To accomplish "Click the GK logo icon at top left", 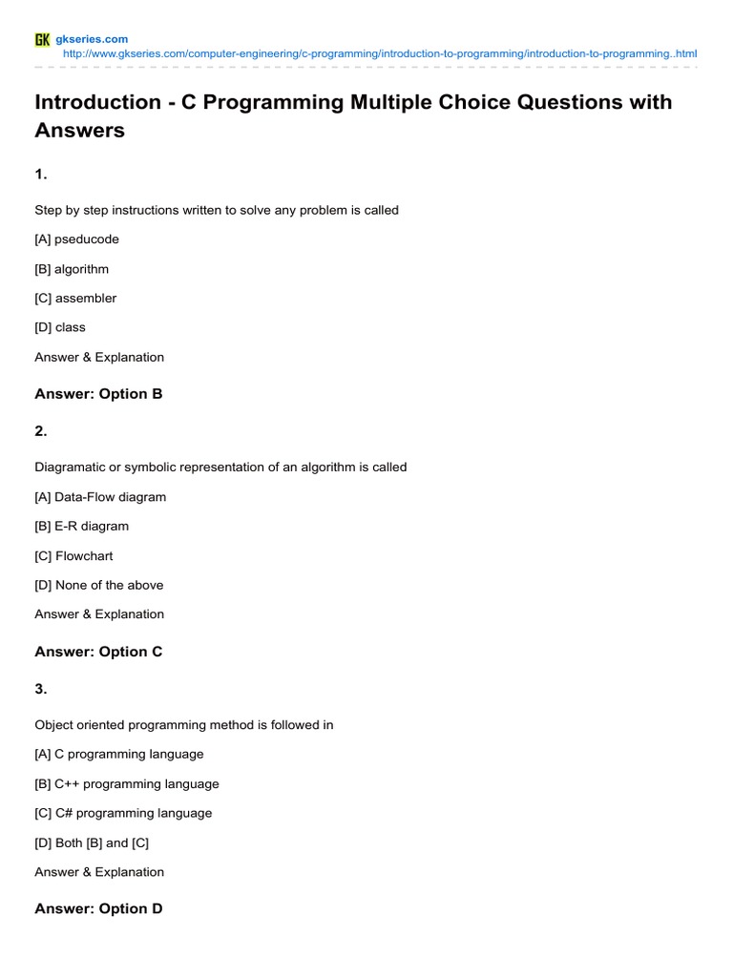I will tap(42, 39).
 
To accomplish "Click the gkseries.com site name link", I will tap(93, 39).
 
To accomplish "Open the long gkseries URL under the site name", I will tap(379, 54).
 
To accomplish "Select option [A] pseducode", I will tap(76, 239).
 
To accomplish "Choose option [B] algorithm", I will tap(72, 269).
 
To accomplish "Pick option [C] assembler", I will tap(75, 298).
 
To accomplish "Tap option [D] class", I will tap(60, 327).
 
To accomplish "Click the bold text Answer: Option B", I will tap(98, 394).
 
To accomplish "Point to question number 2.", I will tap(41, 431).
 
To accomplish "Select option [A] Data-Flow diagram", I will tap(100, 497).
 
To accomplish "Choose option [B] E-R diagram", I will tap(81, 526).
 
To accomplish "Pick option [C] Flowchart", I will tap(73, 555).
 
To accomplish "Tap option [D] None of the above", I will tap(99, 585).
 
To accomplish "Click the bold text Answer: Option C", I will tap(98, 652).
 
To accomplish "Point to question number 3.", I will tap(41, 689).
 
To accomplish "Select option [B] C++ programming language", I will tap(127, 783).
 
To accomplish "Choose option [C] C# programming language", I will tap(123, 813).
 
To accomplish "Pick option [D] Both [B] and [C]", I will tap(92, 842).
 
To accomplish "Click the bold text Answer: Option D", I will tap(98, 909).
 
